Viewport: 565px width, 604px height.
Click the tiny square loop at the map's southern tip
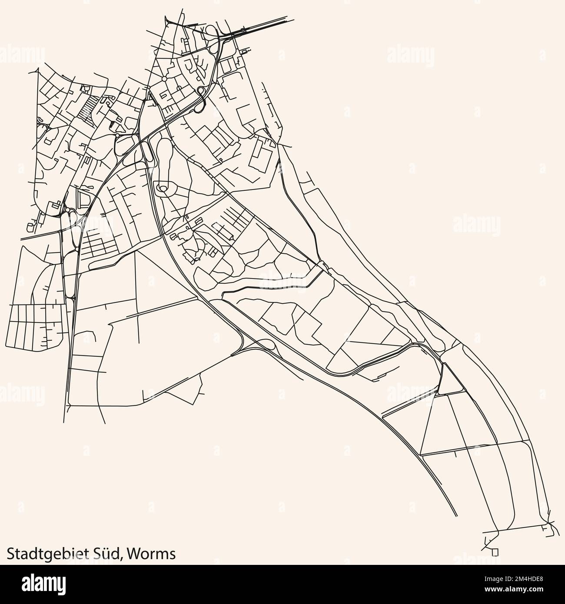point(495,551)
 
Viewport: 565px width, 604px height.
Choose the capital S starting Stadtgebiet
point(11,553)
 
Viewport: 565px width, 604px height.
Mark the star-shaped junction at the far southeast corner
point(549,522)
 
